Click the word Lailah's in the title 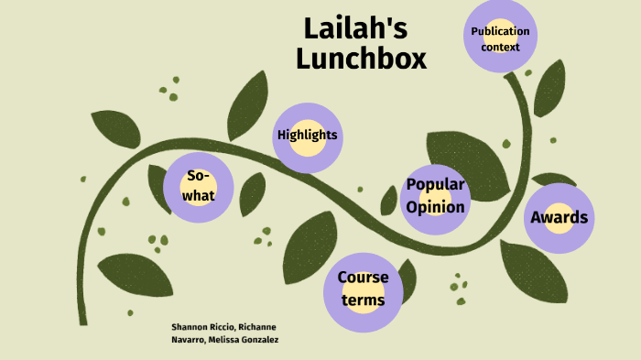coord(356,28)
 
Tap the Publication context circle coord(500,38)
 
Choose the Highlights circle coord(308,136)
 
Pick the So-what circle coord(198,187)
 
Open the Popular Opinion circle coord(436,196)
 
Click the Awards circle coord(559,218)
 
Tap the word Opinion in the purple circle coord(436,207)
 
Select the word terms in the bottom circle coord(363,300)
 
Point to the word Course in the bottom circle coord(363,278)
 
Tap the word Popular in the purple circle coord(436,185)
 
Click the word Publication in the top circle coord(500,31)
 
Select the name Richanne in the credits coord(256,327)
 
